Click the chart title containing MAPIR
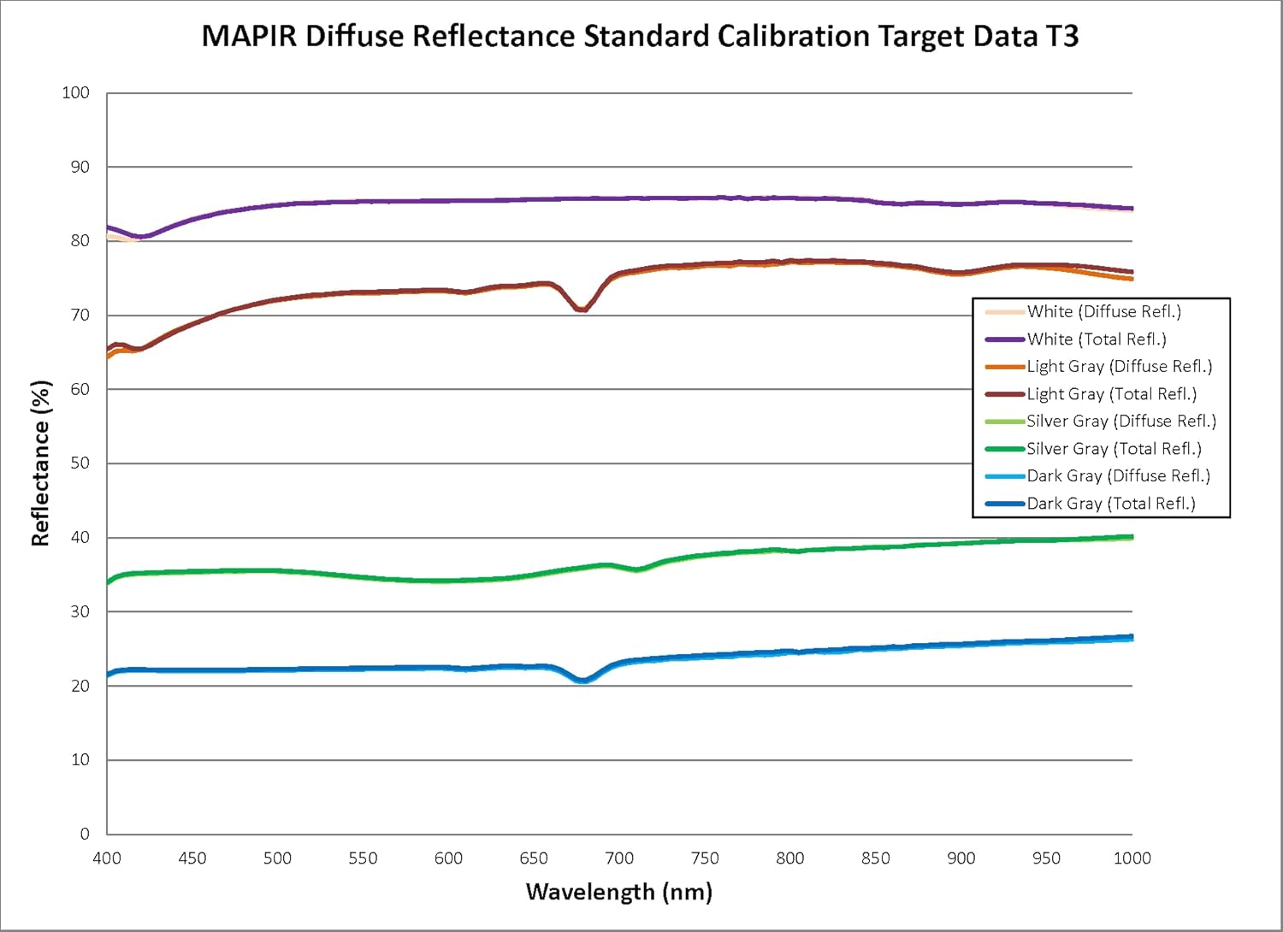click(x=640, y=37)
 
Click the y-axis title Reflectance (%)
click(x=40, y=463)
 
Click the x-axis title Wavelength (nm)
click(x=618, y=892)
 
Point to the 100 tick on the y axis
click(x=76, y=92)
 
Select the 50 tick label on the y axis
click(x=79, y=463)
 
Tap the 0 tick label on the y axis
click(x=84, y=834)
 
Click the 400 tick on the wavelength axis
click(x=107, y=858)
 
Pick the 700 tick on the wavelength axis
click(x=619, y=858)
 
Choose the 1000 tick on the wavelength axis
click(x=1132, y=858)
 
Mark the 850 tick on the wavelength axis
click(x=876, y=858)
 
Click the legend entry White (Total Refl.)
click(x=1097, y=339)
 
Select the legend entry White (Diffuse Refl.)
click(x=1103, y=312)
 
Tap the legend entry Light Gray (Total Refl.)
click(x=1111, y=394)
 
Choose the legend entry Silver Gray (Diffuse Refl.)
click(x=1120, y=422)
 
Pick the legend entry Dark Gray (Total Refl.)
click(x=1110, y=504)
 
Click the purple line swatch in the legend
click(x=1004, y=339)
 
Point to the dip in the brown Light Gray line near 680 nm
click(x=581, y=309)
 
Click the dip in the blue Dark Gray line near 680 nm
click(x=582, y=681)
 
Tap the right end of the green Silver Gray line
click(x=1132, y=537)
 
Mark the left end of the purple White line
click(x=108, y=227)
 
